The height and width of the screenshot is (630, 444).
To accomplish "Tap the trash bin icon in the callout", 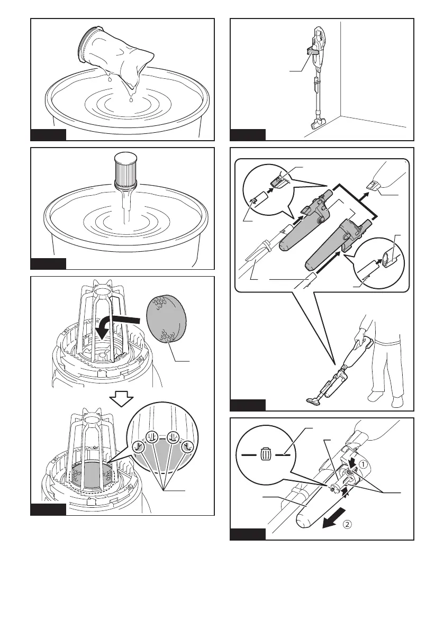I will (x=266, y=454).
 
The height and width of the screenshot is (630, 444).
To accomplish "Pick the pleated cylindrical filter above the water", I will (x=125, y=168).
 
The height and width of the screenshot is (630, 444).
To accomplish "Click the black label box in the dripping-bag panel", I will (x=48, y=134).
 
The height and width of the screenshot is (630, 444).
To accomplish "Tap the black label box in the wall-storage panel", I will (x=248, y=134).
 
